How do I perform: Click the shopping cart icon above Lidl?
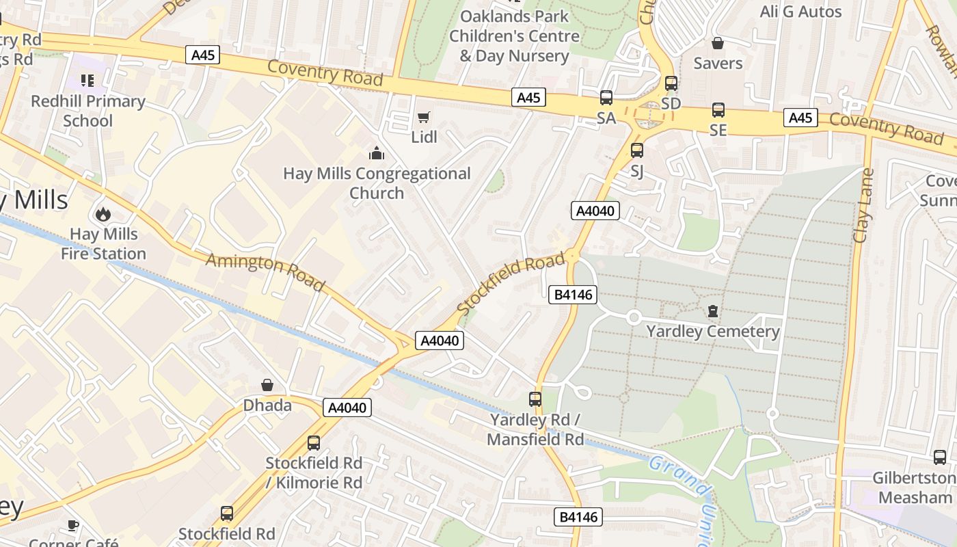coord(423,118)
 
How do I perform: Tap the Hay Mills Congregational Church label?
coord(377,183)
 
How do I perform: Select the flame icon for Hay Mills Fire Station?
coord(103,214)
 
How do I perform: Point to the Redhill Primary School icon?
coord(87,81)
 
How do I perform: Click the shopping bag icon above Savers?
coord(718,44)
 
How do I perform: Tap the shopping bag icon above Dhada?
coord(267,386)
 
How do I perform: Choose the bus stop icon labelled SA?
coord(606,98)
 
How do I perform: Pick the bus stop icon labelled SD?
coord(671,83)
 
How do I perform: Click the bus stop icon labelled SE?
coord(718,110)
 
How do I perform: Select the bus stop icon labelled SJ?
coord(636,150)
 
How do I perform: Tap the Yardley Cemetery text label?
coord(713,332)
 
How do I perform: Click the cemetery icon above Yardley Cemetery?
coord(713,312)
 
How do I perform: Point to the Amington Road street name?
coord(265,271)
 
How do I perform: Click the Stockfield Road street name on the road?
coord(511,283)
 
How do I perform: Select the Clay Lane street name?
coord(863,205)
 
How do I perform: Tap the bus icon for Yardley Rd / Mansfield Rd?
coord(535,399)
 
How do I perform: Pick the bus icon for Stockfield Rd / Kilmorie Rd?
coord(313,443)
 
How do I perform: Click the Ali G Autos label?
coord(800,12)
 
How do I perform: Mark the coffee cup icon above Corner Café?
coord(72,526)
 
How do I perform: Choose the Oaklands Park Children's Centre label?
coord(514,36)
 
